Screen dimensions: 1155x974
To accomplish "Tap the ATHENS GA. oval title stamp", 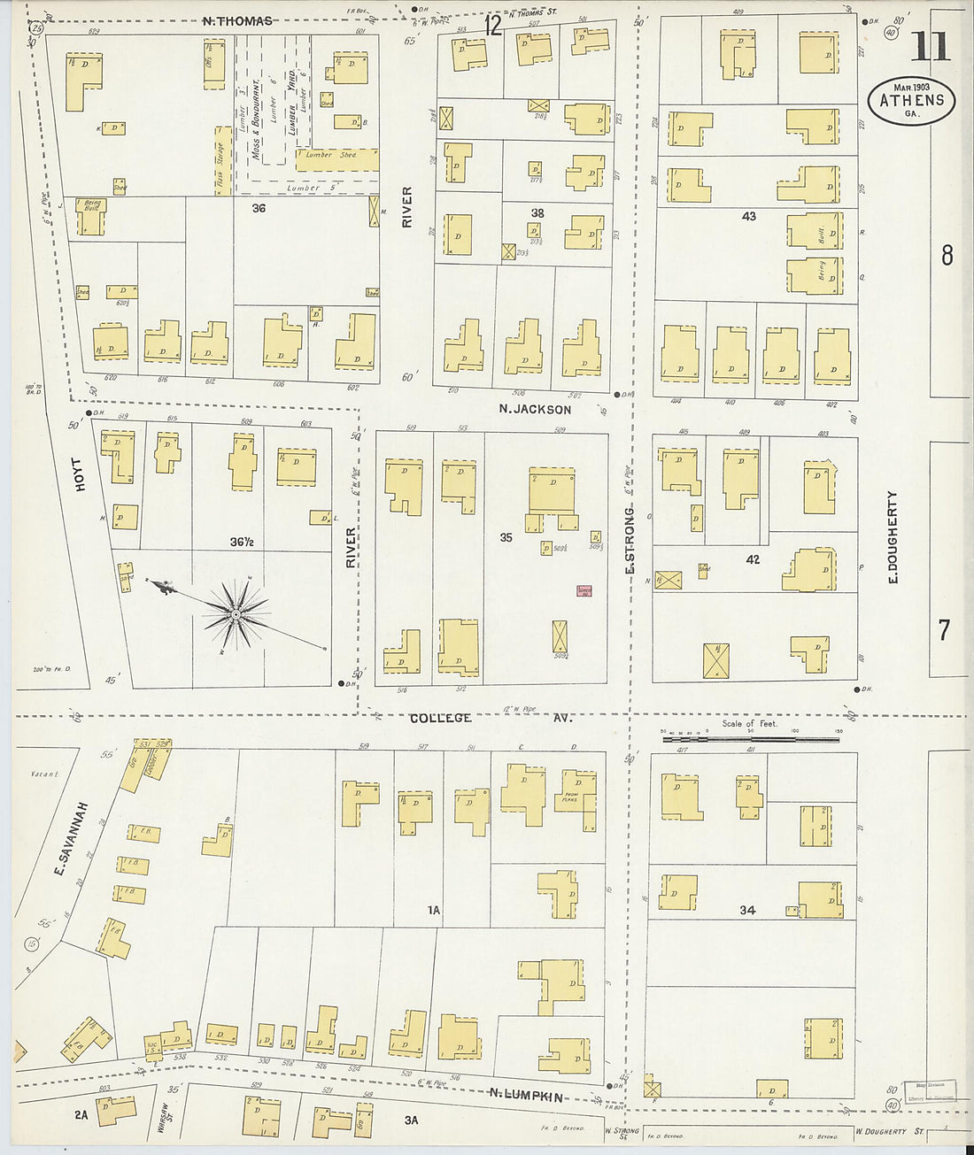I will pos(911,100).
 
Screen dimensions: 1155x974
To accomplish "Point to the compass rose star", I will pos(236,613).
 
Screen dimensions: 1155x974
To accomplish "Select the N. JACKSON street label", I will pos(535,409).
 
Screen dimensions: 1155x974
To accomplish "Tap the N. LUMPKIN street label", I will pos(526,1096).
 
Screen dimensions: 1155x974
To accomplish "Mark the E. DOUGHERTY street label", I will pos(892,536).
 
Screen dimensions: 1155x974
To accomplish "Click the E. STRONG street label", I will pos(630,540).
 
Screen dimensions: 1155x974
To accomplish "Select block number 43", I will pos(749,216).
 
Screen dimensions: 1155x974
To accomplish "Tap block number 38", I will pos(537,213).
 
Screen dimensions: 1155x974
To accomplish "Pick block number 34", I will pos(747,909).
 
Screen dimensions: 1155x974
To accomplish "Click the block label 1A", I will pos(434,910).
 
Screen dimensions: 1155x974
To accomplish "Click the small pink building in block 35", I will pos(584,590).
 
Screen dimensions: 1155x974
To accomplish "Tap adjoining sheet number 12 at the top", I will pos(493,27).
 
